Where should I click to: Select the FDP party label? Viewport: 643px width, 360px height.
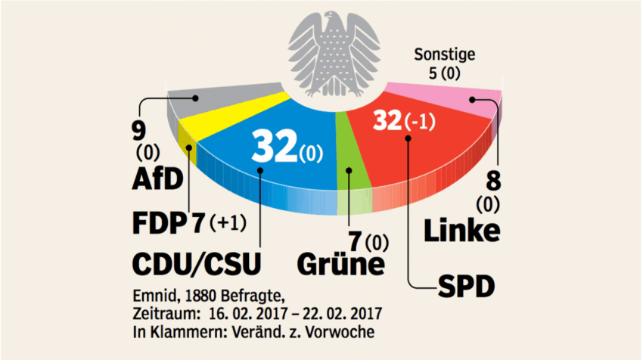tap(157, 223)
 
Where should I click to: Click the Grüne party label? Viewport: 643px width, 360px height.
tap(340, 265)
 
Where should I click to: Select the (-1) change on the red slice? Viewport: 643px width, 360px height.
tap(422, 121)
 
